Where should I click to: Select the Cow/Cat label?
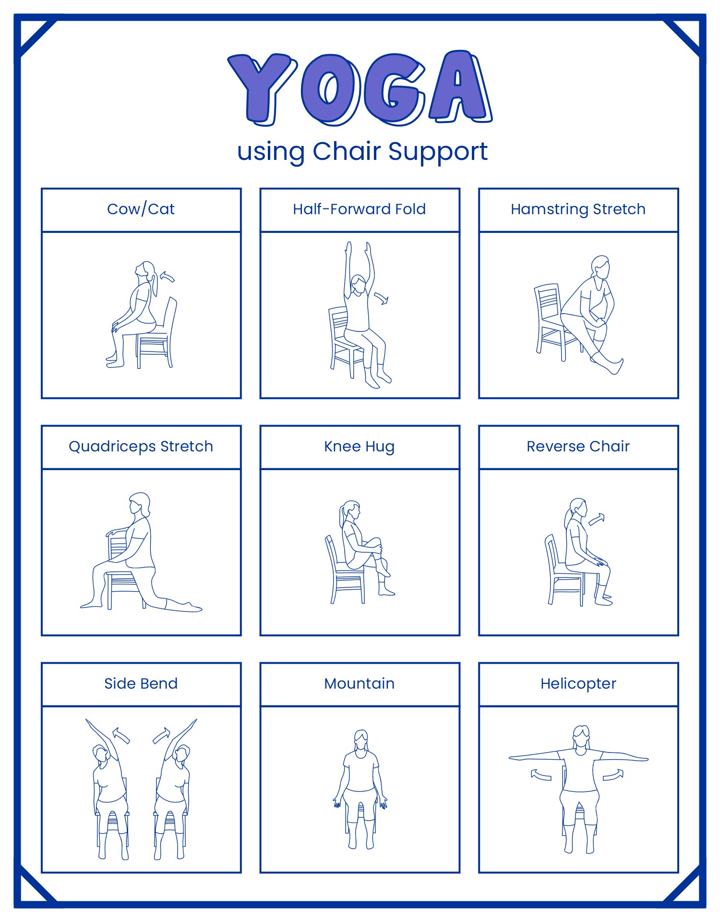coord(141,209)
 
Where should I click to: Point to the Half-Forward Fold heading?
coord(359,209)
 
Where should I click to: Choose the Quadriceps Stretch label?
coord(141,447)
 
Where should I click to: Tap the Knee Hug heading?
coord(359,447)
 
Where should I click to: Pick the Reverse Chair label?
coord(578,447)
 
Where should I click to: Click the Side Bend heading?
coord(141,684)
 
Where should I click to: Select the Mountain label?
coord(359,684)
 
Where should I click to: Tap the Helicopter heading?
coord(578,684)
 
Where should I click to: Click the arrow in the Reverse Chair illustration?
coord(597,519)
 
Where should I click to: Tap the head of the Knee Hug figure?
coord(351,509)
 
